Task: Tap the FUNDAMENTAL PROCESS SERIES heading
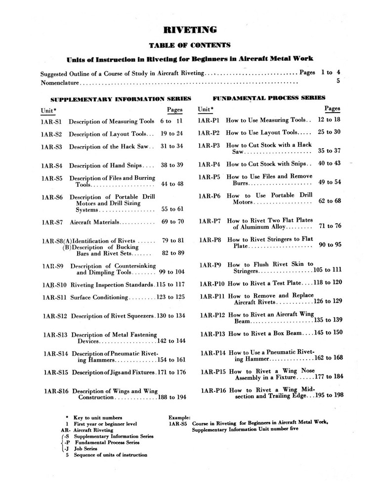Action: pyautogui.click(x=269, y=98)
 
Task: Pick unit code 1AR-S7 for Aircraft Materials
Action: pyautogui.click(x=51, y=222)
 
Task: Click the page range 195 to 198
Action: pyautogui.click(x=326, y=395)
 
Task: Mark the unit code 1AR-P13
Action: pyautogui.click(x=212, y=333)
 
